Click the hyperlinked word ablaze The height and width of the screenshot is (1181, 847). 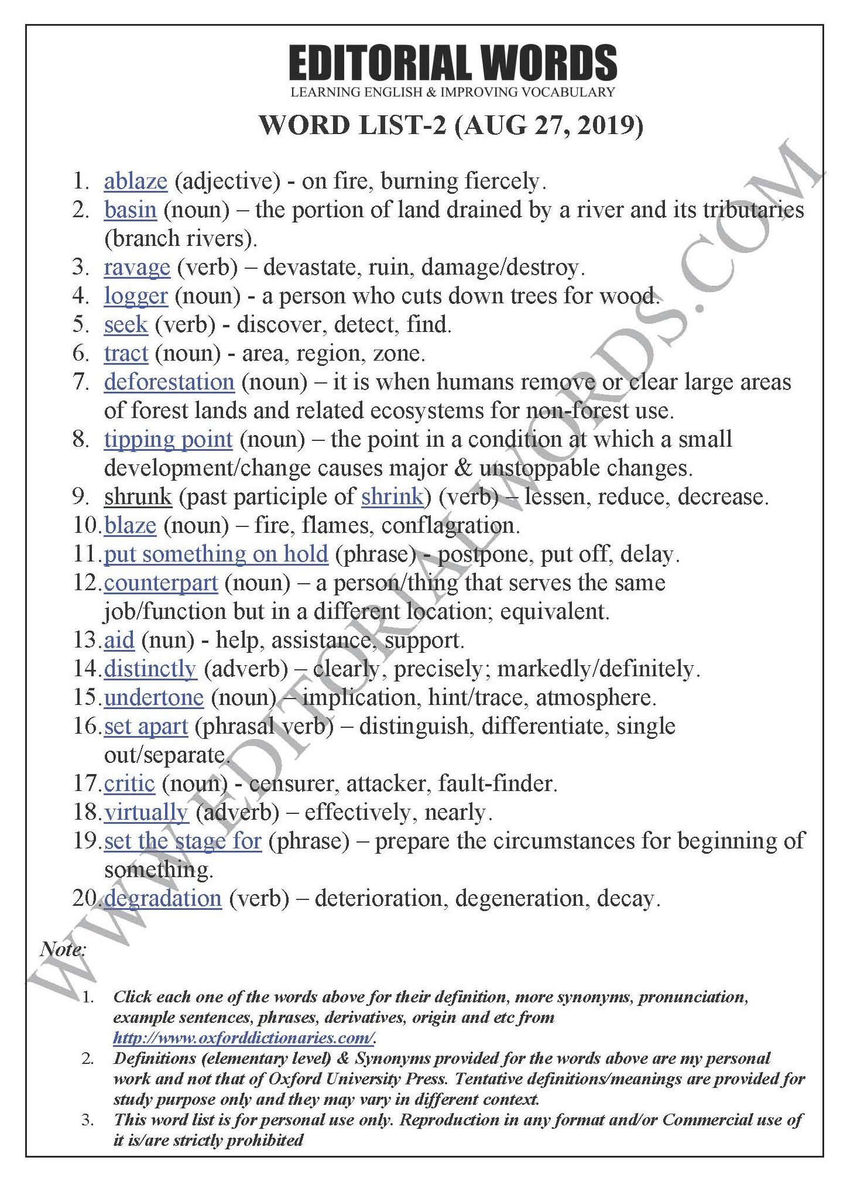pyautogui.click(x=135, y=182)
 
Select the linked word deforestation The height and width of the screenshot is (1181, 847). pyautogui.click(x=169, y=382)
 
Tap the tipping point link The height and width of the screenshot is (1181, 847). pyautogui.click(x=168, y=440)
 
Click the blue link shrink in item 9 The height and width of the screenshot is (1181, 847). pyautogui.click(x=392, y=497)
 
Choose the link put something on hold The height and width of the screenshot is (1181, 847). pyautogui.click(x=216, y=554)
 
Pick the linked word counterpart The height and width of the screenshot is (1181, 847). pyautogui.click(x=161, y=583)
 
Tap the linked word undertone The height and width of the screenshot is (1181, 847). pyautogui.click(x=154, y=698)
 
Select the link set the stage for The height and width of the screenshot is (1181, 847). pyautogui.click(x=183, y=841)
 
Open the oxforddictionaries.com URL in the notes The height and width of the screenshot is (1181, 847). pyautogui.click(x=244, y=1038)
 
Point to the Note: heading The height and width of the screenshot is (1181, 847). pyautogui.click(x=63, y=949)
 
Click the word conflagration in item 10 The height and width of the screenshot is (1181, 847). pyautogui.click(x=450, y=526)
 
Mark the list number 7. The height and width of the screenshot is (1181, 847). pyautogui.click(x=81, y=382)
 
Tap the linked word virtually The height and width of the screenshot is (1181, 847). pyautogui.click(x=146, y=813)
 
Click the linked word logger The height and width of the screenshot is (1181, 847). pyautogui.click(x=136, y=296)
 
